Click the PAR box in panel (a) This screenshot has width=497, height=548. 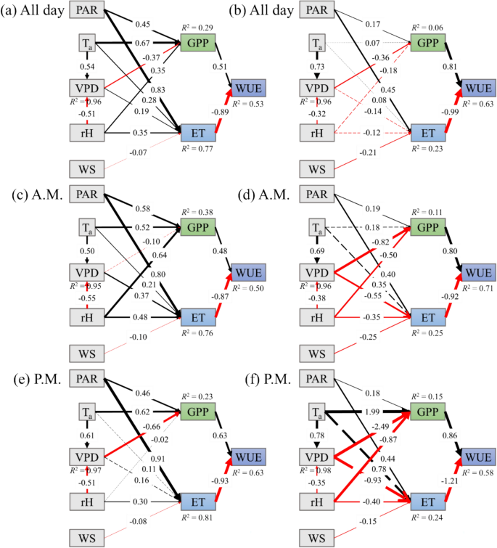pos(89,11)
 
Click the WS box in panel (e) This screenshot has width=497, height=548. pos(88,538)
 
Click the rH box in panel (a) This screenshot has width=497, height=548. pos(88,133)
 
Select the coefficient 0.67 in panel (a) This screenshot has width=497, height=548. pos(142,43)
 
